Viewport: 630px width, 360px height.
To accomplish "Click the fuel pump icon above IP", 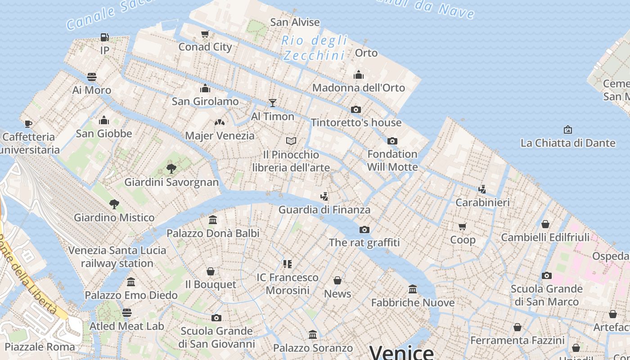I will point(104,37).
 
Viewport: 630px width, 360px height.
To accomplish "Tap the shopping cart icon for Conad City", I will point(205,34).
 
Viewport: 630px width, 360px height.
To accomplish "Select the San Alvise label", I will point(295,22).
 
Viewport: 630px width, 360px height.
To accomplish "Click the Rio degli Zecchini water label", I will point(314,48).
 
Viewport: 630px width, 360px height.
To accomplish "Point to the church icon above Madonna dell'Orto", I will point(359,75).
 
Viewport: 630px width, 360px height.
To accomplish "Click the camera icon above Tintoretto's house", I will point(356,110).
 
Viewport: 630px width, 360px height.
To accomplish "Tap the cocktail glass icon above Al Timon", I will point(272,103).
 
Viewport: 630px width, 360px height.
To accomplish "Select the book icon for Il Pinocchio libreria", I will point(291,141).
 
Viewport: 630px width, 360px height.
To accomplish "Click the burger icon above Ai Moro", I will point(92,77).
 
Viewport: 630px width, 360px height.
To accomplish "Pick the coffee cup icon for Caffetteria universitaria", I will point(28,124).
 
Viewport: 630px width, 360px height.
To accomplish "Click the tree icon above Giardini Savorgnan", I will point(171,169).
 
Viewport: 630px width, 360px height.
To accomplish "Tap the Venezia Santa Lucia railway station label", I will point(117,256).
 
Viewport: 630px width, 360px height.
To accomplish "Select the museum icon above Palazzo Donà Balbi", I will point(213,220).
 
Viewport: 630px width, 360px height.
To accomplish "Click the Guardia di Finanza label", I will point(324,210).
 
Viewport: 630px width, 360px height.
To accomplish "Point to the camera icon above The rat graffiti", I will point(364,230).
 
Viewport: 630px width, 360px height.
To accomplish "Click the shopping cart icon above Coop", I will point(463,226).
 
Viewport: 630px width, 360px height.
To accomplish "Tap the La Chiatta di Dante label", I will point(568,143).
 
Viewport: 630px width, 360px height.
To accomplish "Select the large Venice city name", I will point(401,352).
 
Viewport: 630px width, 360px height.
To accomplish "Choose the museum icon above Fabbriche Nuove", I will point(413,289).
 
